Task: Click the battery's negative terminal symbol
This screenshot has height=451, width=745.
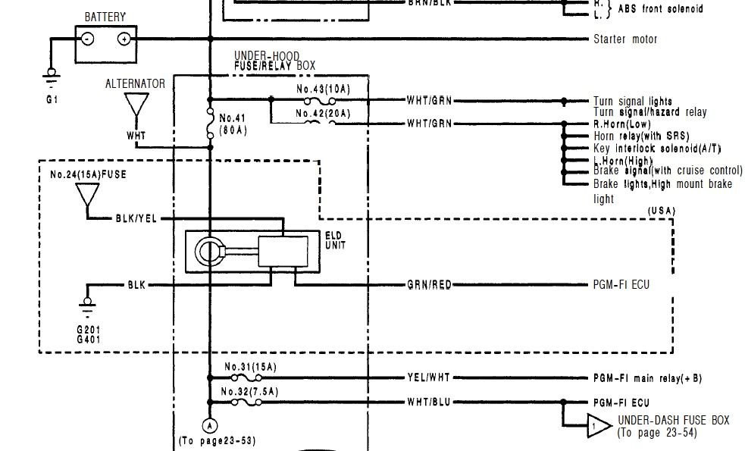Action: (x=89, y=38)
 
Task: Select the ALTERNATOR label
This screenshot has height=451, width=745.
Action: (x=135, y=84)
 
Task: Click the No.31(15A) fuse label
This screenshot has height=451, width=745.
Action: (x=251, y=368)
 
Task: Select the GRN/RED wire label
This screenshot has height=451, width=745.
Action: (x=429, y=285)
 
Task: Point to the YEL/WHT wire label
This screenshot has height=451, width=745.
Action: (x=429, y=377)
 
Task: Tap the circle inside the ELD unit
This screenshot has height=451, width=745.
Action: (x=208, y=252)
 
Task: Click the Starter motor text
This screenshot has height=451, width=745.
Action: (x=625, y=39)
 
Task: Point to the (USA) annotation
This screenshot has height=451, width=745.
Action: (x=662, y=209)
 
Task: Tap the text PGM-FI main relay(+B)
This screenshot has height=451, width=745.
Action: (x=646, y=377)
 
